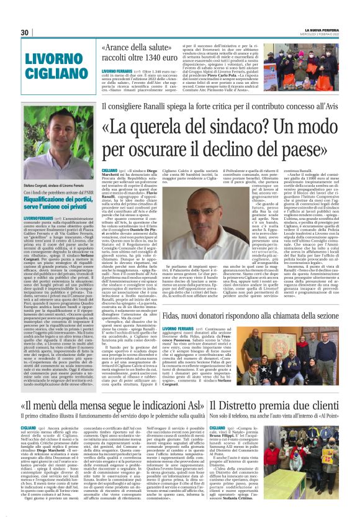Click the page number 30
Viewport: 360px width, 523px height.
pyautogui.click(x=25, y=32)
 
